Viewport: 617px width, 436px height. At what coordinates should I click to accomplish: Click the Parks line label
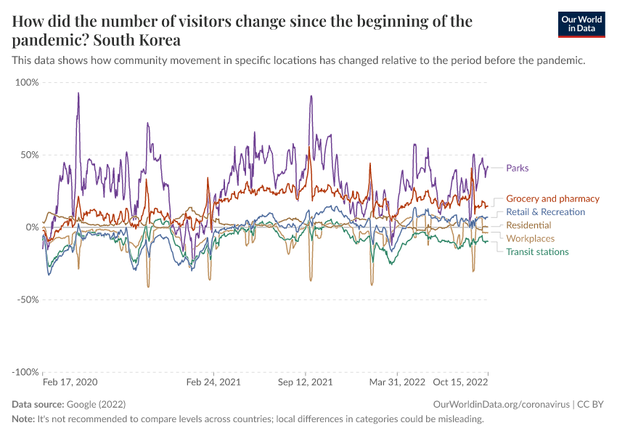click(517, 168)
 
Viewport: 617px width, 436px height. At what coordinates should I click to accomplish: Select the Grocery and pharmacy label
click(552, 198)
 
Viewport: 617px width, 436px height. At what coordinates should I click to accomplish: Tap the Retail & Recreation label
click(545, 211)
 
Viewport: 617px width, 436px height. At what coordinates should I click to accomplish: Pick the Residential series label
click(528, 225)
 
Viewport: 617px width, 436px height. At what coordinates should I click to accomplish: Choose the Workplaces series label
click(530, 238)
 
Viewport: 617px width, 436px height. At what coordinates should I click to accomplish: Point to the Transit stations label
click(537, 251)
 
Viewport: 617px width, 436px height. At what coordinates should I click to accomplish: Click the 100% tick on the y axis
click(27, 82)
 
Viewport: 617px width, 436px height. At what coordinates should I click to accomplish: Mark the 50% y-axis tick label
click(29, 155)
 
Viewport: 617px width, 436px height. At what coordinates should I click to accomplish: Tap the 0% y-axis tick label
click(32, 227)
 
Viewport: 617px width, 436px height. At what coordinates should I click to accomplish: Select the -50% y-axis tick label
click(28, 299)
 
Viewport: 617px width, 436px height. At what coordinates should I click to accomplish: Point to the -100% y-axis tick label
click(25, 372)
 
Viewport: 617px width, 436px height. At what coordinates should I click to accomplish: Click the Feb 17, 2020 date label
click(70, 381)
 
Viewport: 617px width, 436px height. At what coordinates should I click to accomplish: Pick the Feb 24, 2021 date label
click(213, 381)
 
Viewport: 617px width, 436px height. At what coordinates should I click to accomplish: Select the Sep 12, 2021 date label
click(305, 381)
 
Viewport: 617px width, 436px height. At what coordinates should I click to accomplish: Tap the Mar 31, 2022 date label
click(397, 381)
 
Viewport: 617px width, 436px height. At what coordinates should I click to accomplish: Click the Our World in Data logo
click(581, 24)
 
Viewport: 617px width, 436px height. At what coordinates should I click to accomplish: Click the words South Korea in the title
click(138, 39)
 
